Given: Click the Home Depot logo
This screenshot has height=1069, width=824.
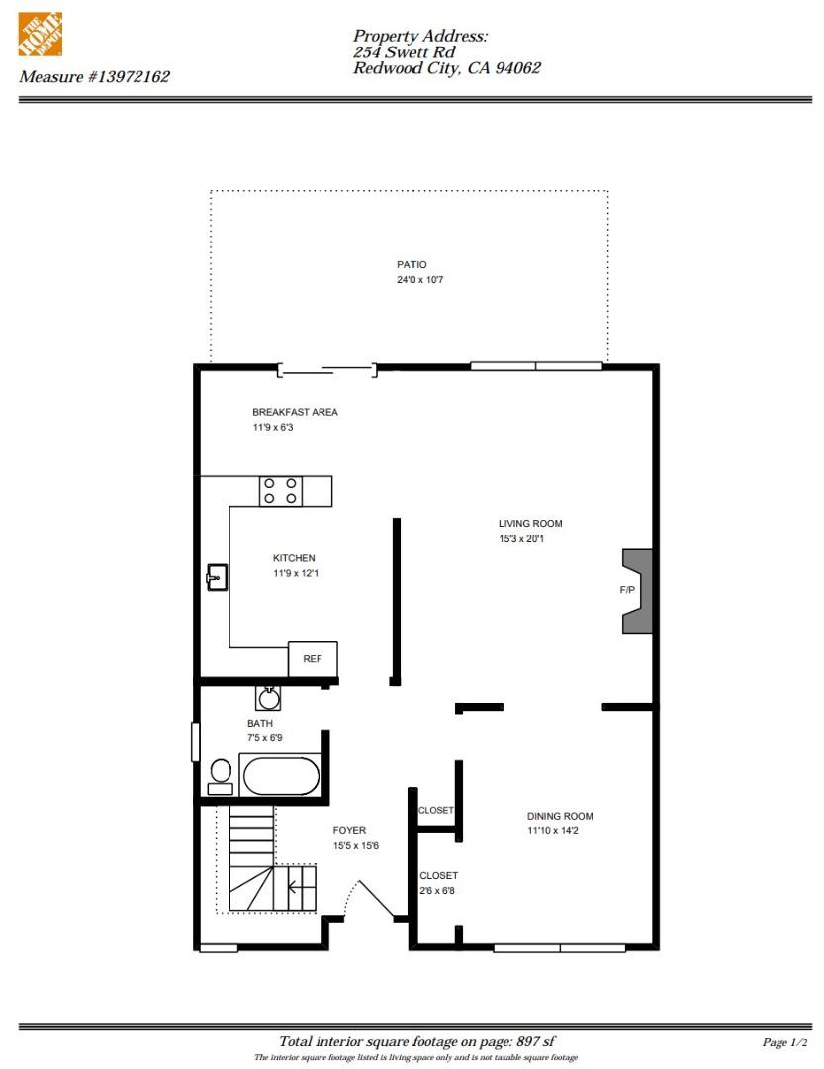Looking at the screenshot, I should pos(40,34).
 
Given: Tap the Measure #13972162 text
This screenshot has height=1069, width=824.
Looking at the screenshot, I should pos(94,76).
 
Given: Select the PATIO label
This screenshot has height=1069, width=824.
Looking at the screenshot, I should pos(412,265).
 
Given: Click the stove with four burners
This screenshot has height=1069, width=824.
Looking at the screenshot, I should pos(280,491).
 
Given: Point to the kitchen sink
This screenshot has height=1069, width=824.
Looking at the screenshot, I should pos(217,577).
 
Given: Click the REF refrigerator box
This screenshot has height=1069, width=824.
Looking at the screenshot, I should pos(312,659).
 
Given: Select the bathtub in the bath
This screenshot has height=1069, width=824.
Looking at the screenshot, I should pos(281,776).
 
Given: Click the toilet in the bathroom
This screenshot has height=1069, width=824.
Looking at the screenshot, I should pos(221,775).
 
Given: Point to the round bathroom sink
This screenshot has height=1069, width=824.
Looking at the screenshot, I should pos(268,698).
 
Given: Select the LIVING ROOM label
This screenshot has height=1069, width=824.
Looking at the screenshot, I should pos(530,524).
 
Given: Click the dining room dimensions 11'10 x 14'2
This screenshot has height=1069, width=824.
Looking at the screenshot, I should pos(560,831).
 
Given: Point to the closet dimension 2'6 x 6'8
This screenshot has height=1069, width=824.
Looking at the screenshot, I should pos(437,891).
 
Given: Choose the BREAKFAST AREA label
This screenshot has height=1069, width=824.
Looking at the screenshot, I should pos(295,412).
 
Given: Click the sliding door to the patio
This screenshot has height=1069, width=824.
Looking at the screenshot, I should pos(326,371).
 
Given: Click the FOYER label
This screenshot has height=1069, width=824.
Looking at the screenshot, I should pos(349,830).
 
